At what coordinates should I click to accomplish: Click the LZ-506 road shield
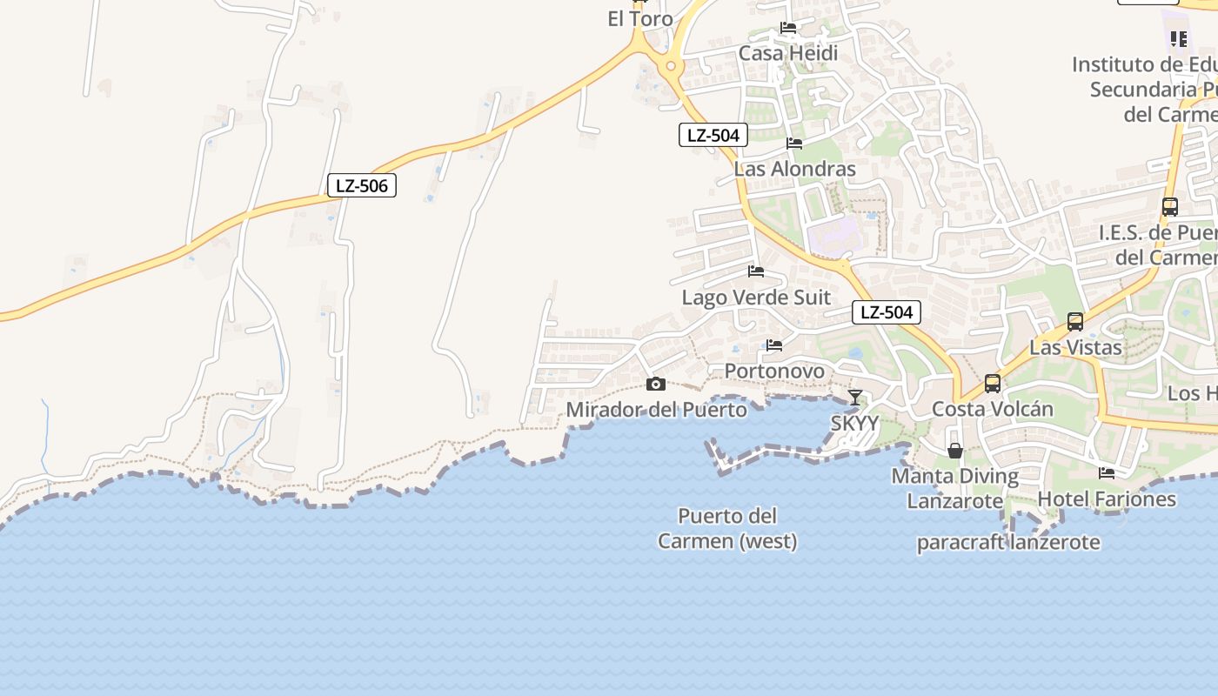pyautogui.click(x=361, y=185)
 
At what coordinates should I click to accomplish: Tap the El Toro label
pyautogui.click(x=640, y=19)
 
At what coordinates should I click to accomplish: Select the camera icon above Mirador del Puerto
pyautogui.click(x=656, y=385)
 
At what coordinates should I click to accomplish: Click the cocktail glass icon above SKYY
pyautogui.click(x=855, y=398)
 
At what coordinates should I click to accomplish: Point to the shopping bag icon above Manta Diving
pyautogui.click(x=955, y=451)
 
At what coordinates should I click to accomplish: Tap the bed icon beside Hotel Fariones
pyautogui.click(x=1107, y=473)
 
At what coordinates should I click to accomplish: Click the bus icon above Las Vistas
pyautogui.click(x=1075, y=322)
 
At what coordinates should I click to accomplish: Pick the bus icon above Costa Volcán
pyautogui.click(x=993, y=384)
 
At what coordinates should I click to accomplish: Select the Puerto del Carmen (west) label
pyautogui.click(x=727, y=528)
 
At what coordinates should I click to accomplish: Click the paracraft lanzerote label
pyautogui.click(x=1008, y=542)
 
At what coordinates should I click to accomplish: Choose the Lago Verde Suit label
pyautogui.click(x=756, y=298)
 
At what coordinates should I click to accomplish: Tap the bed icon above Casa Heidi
pyautogui.click(x=788, y=28)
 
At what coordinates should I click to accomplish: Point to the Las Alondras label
pyautogui.click(x=795, y=169)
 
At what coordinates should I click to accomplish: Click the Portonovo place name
pyautogui.click(x=774, y=371)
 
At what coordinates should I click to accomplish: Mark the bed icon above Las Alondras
pyautogui.click(x=794, y=144)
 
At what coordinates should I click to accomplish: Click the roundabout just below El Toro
pyautogui.click(x=671, y=66)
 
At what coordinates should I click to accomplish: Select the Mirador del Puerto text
pyautogui.click(x=657, y=409)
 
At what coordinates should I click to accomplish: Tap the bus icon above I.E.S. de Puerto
pyautogui.click(x=1170, y=207)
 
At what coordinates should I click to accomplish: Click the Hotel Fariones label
pyautogui.click(x=1107, y=499)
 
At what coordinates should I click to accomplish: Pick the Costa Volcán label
pyautogui.click(x=993, y=409)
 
